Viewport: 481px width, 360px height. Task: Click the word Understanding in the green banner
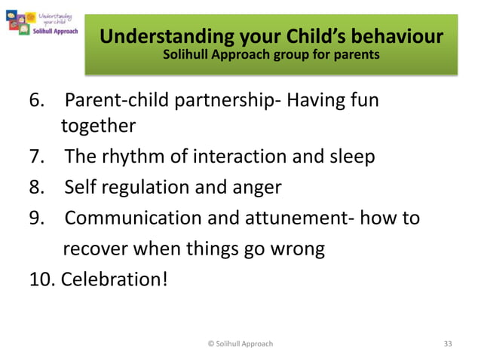pos(154,36)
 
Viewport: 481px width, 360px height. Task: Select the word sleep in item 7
pos(349,157)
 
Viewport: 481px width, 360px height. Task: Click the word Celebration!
pos(115,279)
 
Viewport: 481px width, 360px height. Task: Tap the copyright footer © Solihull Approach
pos(240,343)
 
